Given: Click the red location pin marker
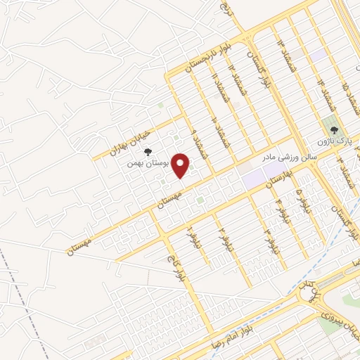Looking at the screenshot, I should tap(181, 166).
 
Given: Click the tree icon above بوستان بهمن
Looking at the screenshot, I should tap(148, 151).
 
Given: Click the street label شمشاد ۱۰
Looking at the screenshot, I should tap(214, 129).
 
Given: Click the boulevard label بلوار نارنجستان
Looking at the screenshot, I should tap(205, 57).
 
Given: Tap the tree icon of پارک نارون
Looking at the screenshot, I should tap(333, 130).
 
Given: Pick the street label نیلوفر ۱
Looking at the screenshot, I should tap(190, 238).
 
